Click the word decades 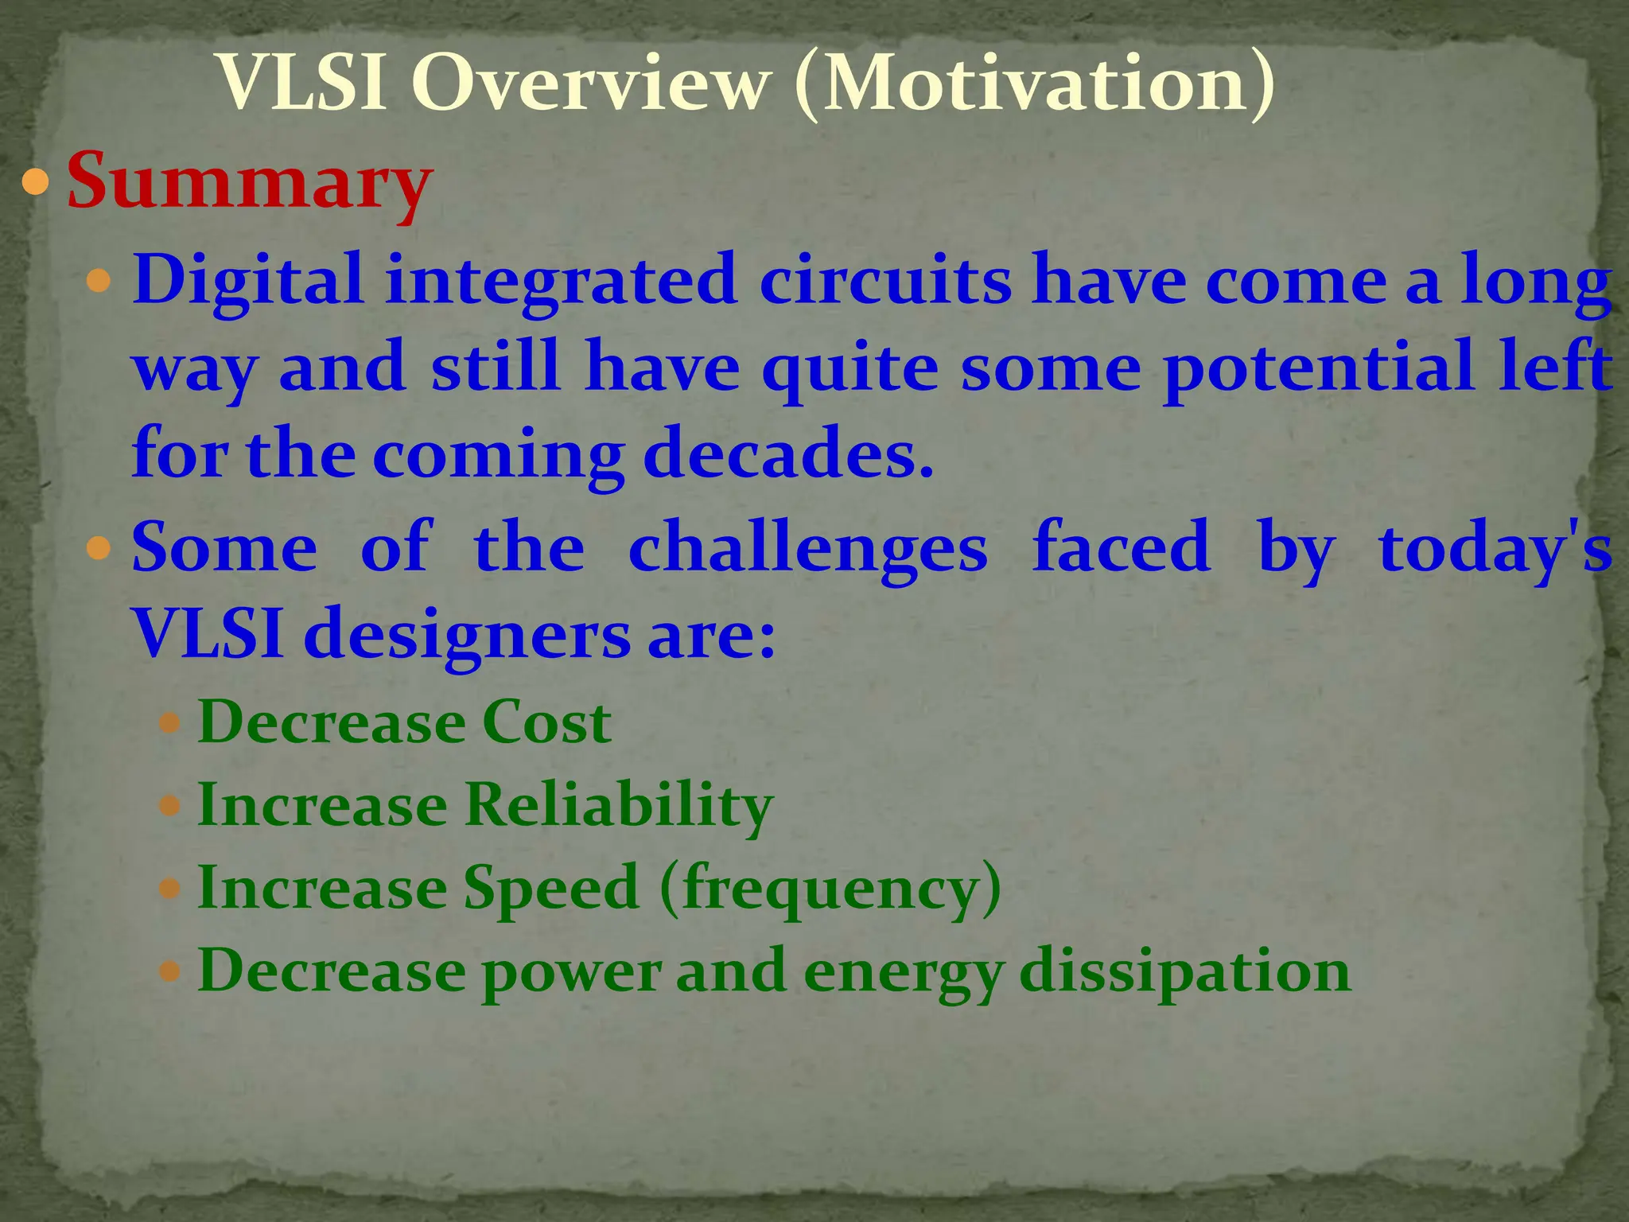(787, 453)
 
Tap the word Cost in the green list (546, 722)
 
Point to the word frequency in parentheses (830, 889)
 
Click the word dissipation (1184, 971)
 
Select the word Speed (551, 889)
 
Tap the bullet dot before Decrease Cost (170, 724)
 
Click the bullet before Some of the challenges (99, 549)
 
